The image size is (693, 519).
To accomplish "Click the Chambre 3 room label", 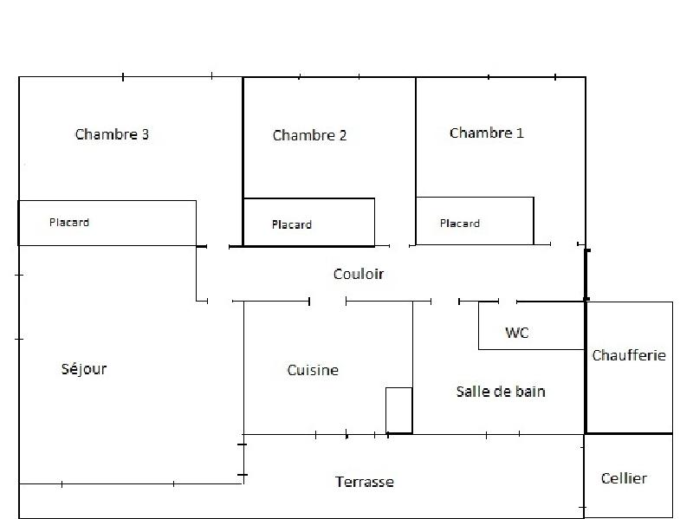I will pyautogui.click(x=112, y=134).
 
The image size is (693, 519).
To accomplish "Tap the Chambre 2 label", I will pyautogui.click(x=309, y=135).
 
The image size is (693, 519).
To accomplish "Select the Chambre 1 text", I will pyautogui.click(x=486, y=133).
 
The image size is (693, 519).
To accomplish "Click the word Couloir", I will pyautogui.click(x=358, y=274).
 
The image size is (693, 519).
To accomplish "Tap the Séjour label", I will pyautogui.click(x=84, y=369).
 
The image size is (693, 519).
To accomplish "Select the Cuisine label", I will pyautogui.click(x=313, y=370).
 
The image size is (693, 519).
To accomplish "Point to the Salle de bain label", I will pyautogui.click(x=501, y=392).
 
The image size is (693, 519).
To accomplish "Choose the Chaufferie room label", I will pyautogui.click(x=629, y=355).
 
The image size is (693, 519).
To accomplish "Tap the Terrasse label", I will pyautogui.click(x=365, y=482).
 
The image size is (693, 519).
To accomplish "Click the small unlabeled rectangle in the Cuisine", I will pyautogui.click(x=398, y=410).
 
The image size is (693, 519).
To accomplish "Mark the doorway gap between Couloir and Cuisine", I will pyautogui.click(x=327, y=302).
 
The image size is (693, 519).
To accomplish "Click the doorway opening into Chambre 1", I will pyautogui.click(x=563, y=245).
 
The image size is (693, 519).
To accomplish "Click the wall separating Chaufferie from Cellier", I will pyautogui.click(x=629, y=433).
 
